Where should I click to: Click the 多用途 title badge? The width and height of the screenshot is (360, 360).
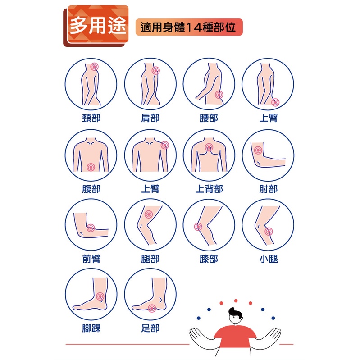tap(96, 26)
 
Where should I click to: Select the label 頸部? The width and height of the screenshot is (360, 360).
tap(91, 118)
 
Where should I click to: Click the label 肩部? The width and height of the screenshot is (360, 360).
tap(150, 118)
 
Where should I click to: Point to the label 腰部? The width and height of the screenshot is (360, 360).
tap(209, 118)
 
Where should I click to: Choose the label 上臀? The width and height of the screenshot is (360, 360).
tap(268, 118)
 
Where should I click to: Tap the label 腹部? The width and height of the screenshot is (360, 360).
tap(91, 189)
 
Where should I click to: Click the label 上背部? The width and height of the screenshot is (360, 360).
tap(209, 189)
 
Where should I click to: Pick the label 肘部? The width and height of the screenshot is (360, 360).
tap(268, 189)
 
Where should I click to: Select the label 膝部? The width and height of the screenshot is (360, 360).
tap(209, 259)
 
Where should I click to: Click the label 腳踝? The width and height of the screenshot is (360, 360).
tap(91, 328)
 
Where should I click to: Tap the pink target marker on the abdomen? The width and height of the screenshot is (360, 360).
tap(91, 167)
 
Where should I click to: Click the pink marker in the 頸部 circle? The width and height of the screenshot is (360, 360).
tap(94, 67)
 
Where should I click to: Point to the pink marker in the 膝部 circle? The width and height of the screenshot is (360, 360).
tap(198, 227)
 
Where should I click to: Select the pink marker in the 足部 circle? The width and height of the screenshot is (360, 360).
tap(152, 308)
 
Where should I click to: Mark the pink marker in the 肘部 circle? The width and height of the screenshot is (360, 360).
tap(258, 150)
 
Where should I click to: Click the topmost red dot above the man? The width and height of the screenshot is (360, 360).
tap(236, 301)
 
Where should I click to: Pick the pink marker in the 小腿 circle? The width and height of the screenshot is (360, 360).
tap(269, 231)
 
